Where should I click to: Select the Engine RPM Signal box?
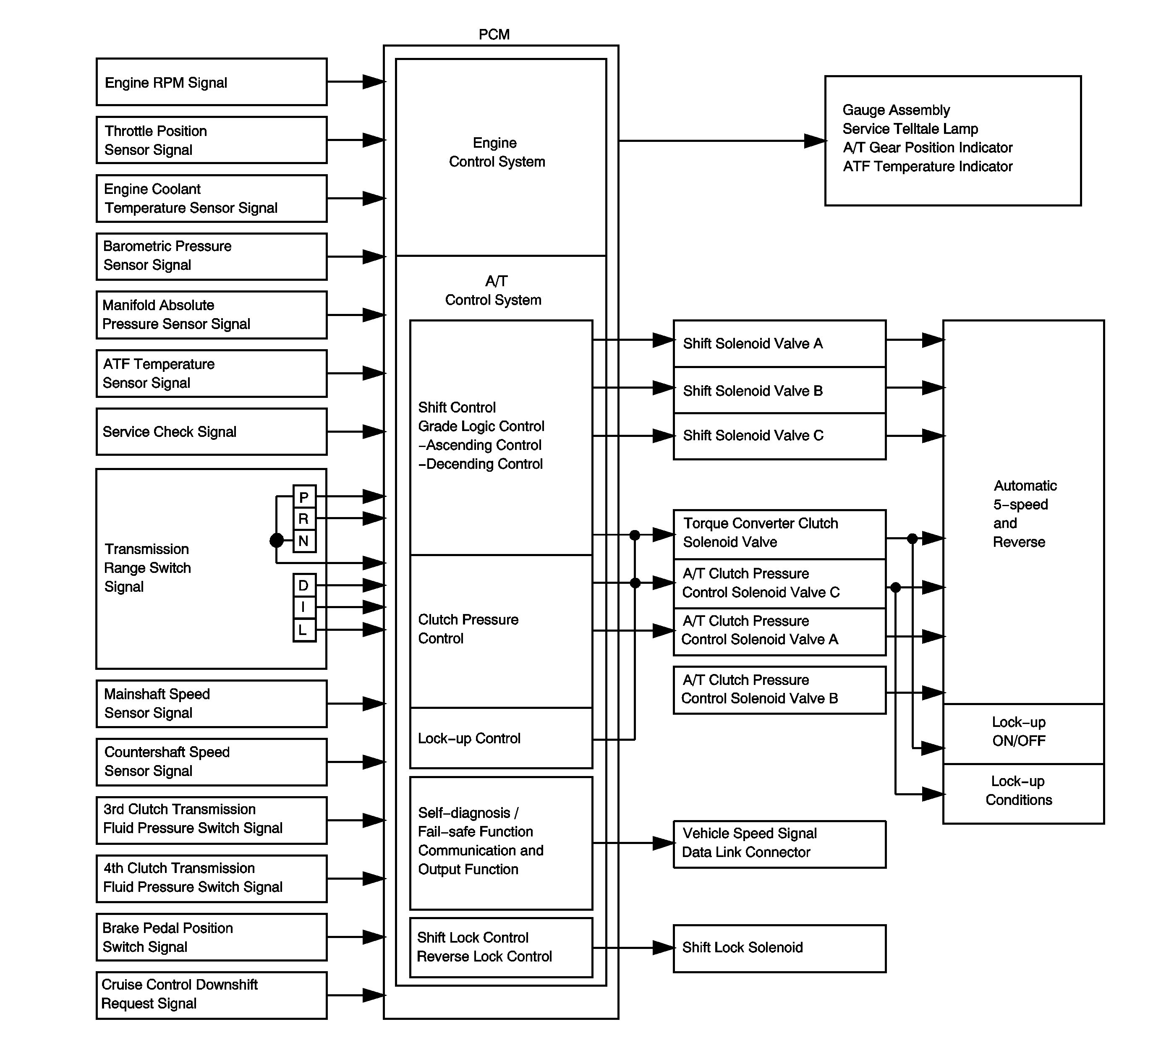click(212, 82)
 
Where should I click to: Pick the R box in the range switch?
click(304, 519)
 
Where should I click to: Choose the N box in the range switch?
click(304, 541)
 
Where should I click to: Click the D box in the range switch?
click(304, 585)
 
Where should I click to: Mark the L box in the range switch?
click(304, 630)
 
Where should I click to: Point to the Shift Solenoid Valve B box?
click(779, 390)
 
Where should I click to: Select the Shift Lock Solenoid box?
click(779, 948)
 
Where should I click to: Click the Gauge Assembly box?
click(952, 141)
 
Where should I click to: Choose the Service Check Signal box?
click(212, 432)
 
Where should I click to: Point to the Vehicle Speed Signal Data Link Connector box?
click(779, 844)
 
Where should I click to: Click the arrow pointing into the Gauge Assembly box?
click(814, 141)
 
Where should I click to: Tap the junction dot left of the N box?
click(276, 541)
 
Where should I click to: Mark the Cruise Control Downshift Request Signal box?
click(212, 995)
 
